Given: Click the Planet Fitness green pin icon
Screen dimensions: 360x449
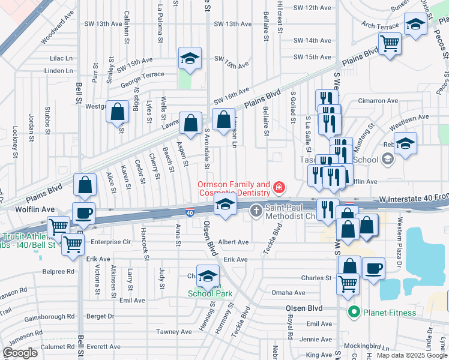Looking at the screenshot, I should click(354, 312).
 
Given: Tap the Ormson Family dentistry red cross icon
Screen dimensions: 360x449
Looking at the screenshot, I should click(278, 188).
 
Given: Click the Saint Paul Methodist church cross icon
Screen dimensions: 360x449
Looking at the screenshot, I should click(256, 210).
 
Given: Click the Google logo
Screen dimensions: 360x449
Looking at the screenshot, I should click(20, 353).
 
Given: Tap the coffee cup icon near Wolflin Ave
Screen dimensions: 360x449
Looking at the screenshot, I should click(83, 212).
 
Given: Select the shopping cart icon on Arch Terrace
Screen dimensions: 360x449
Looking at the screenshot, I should click(390, 43).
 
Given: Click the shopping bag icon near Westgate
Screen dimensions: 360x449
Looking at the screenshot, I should click(118, 110).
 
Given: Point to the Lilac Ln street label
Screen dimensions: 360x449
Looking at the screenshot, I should click(61, 58).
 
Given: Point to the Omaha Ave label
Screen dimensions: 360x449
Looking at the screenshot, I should click(289, 293).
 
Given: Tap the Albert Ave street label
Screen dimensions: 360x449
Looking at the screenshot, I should click(235, 242).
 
